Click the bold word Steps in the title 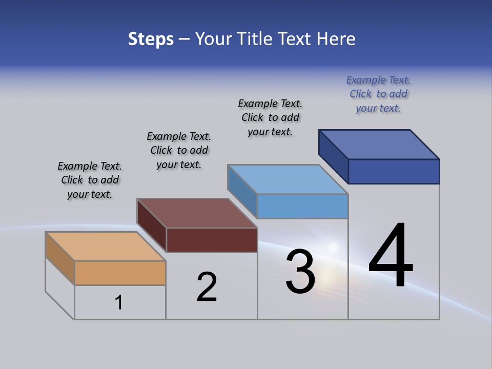pos(151,39)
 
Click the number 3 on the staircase pos(300,272)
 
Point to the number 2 pos(207,287)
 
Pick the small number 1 pos(119,303)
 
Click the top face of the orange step pos(105,247)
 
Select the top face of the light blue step pos(288,179)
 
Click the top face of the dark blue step pos(379,145)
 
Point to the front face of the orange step pos(120,273)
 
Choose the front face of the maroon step pos(212,240)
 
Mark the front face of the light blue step pos(302,206)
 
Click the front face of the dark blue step pos(394,171)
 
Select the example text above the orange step pos(90,180)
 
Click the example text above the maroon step pos(179,151)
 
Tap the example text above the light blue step pos(270,117)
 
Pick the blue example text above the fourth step pos(378,94)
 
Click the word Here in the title pos(336,39)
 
